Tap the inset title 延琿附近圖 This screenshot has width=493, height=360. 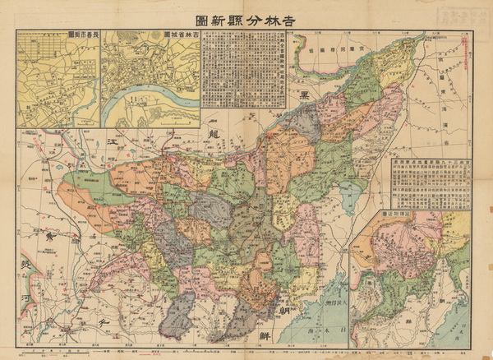(398, 213)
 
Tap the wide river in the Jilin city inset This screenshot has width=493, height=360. (152, 105)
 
